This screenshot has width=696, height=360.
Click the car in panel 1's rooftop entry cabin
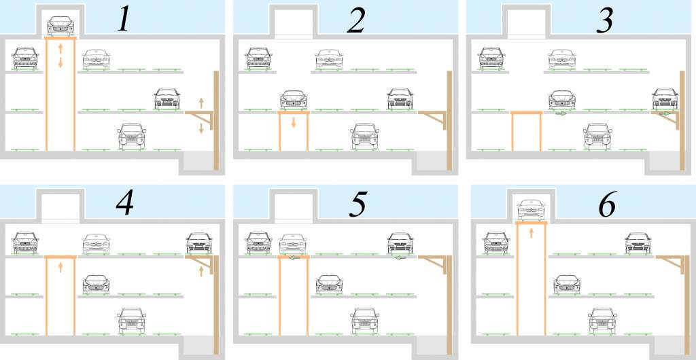(60, 26)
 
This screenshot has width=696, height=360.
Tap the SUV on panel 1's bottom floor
(132, 136)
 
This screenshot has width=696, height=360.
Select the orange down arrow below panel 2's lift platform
(294, 122)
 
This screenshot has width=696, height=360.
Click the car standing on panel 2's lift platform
(294, 100)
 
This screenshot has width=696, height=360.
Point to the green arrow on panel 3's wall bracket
(665, 114)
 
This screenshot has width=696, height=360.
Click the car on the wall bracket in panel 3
(665, 98)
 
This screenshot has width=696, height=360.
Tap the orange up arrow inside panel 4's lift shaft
(60, 268)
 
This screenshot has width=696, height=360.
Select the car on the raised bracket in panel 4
(199, 243)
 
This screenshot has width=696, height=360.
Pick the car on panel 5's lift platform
(293, 244)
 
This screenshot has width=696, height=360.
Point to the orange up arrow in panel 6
(532, 233)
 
